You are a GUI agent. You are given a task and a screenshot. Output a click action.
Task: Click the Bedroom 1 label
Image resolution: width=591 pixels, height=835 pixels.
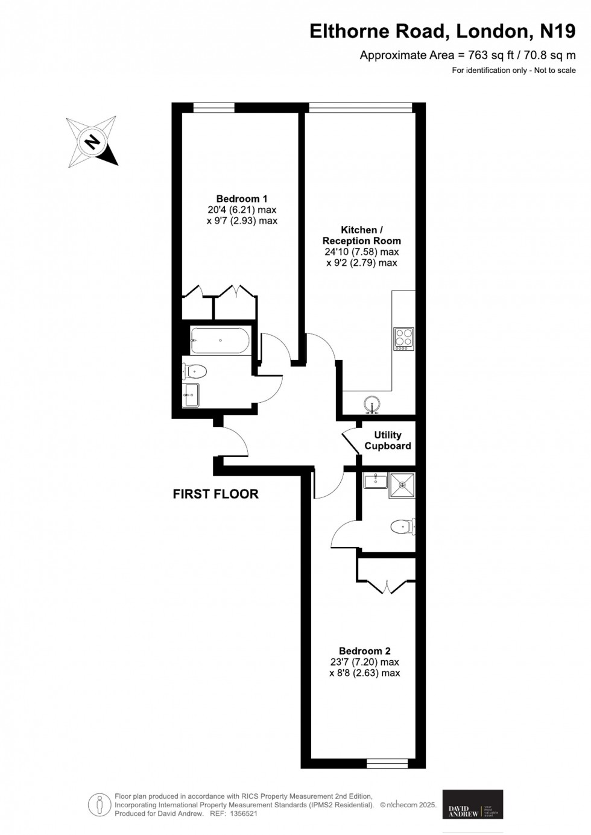click(x=241, y=199)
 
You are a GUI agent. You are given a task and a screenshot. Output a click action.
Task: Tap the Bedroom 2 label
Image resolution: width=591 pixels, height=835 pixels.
click(x=364, y=651)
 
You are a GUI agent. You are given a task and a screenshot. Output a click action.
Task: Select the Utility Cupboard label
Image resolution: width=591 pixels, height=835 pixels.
click(x=387, y=441)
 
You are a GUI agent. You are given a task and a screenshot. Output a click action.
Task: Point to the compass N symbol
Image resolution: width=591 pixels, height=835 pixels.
click(x=92, y=142)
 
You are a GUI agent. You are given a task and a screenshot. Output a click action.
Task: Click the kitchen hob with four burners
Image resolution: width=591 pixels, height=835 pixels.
click(x=403, y=339)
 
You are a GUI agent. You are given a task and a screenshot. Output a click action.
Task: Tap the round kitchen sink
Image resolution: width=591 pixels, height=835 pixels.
click(x=373, y=404)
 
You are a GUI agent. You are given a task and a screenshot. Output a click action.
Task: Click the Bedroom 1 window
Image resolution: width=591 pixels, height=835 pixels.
click(x=213, y=108)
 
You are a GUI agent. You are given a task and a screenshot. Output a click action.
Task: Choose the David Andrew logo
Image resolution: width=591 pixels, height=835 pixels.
click(x=473, y=805)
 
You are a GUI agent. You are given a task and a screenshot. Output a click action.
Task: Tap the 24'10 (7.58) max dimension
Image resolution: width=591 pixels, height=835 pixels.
click(x=362, y=252)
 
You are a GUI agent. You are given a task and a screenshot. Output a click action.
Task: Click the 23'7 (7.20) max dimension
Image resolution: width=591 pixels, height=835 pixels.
click(x=364, y=662)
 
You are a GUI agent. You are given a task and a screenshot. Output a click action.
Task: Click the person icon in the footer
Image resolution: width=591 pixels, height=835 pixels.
click(x=98, y=805)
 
